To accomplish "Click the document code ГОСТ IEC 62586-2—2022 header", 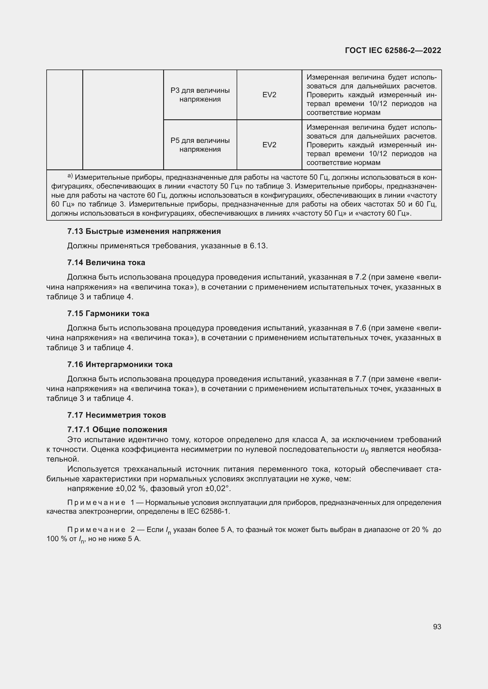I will pyautogui.click(x=393, y=50).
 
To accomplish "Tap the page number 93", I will pyautogui.click(x=437, y=627).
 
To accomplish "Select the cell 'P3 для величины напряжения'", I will pyautogui.click(x=200, y=95).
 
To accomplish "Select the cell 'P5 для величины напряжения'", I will pyautogui.click(x=200, y=145).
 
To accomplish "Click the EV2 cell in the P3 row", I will pyautogui.click(x=269, y=95).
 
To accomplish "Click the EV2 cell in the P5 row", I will pyautogui.click(x=269, y=145).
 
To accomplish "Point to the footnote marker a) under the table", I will pyautogui.click(x=70, y=176).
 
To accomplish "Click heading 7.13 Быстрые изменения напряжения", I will pyautogui.click(x=144, y=231).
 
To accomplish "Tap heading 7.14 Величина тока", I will pyautogui.click(x=106, y=262).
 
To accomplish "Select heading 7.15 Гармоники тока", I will pyautogui.click(x=108, y=314).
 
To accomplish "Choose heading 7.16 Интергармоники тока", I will pyautogui.click(x=120, y=365).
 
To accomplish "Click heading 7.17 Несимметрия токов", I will pyautogui.click(x=117, y=415).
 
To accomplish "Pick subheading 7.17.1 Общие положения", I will pyautogui.click(x=117, y=430).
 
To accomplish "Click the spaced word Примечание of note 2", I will pyautogui.click(x=96, y=530).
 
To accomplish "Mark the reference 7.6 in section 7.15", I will pyautogui.click(x=361, y=328).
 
